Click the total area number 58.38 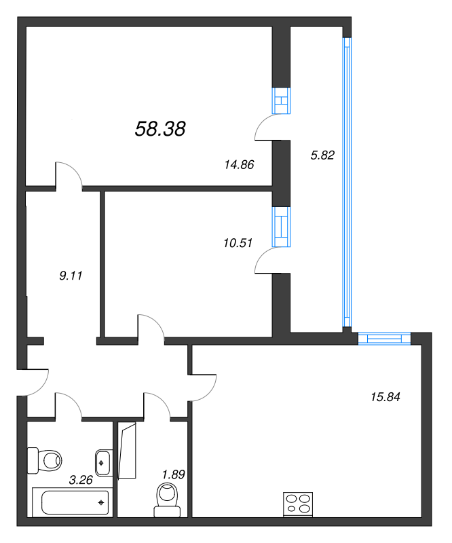pos(160,129)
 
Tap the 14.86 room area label pos(239,164)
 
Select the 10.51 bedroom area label pos(238,243)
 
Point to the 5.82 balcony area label pos(322,155)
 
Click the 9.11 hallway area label pos(71,276)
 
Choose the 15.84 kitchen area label pos(385,397)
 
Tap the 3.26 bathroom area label pos(81,480)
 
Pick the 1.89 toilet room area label pos(174,474)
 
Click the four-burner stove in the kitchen pos(298,504)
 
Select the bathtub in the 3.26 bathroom pos(73,502)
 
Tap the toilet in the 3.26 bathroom pos(44,461)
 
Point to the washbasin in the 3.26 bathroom pos(104,463)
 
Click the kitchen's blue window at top pos(384,338)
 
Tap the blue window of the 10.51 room pos(281,227)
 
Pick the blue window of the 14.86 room pos(281,100)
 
